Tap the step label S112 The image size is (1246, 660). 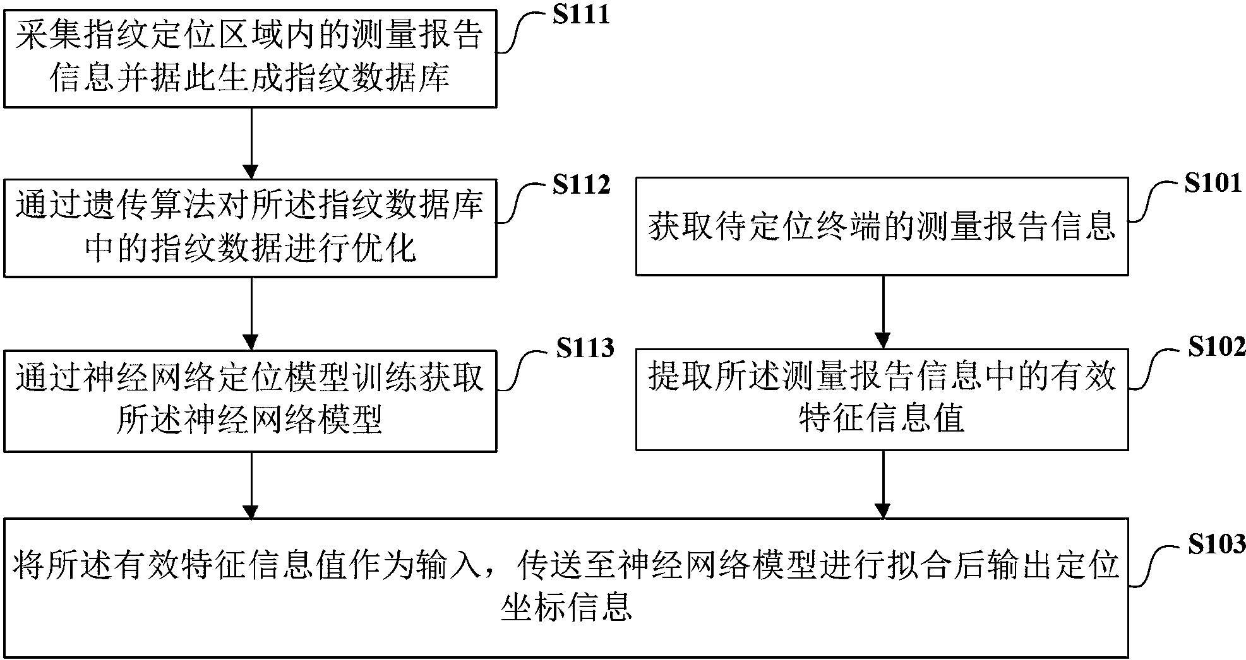(581, 185)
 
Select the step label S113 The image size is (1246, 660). (585, 348)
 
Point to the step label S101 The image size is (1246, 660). (1213, 184)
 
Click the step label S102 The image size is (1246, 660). (1216, 346)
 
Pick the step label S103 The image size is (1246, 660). (1216, 543)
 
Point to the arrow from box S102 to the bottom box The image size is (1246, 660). (882, 483)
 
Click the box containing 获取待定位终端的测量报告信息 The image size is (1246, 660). (882, 227)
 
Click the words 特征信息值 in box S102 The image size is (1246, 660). (882, 418)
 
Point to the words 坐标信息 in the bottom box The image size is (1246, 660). (566, 606)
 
